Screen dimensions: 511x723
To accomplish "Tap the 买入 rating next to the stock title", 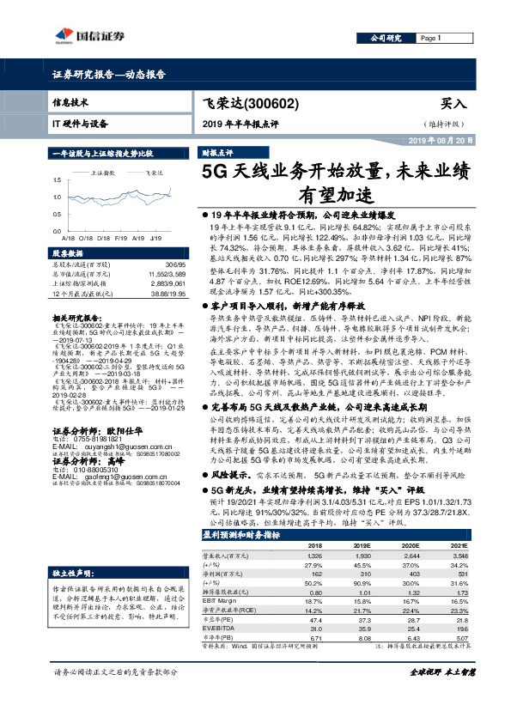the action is click(453, 103).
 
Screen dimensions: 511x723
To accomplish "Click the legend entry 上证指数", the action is click(102, 173).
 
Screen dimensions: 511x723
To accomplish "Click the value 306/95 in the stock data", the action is click(173, 264).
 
